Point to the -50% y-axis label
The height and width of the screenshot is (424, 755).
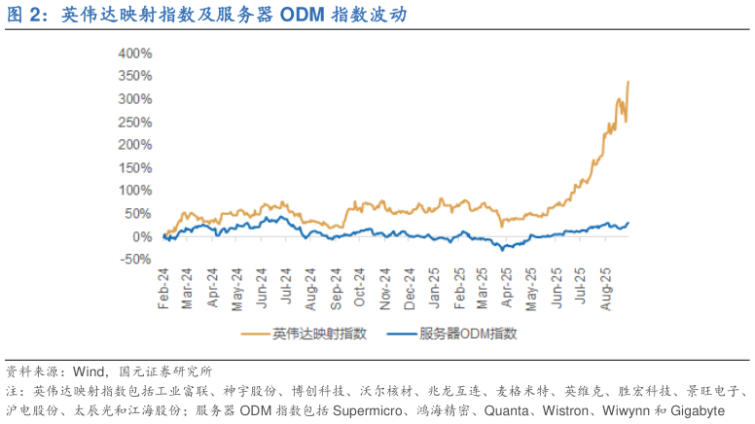point(136,259)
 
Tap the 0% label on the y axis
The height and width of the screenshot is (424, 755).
point(143,236)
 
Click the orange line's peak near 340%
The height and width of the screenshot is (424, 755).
point(629,82)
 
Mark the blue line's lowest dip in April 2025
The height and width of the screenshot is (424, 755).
point(503,249)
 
